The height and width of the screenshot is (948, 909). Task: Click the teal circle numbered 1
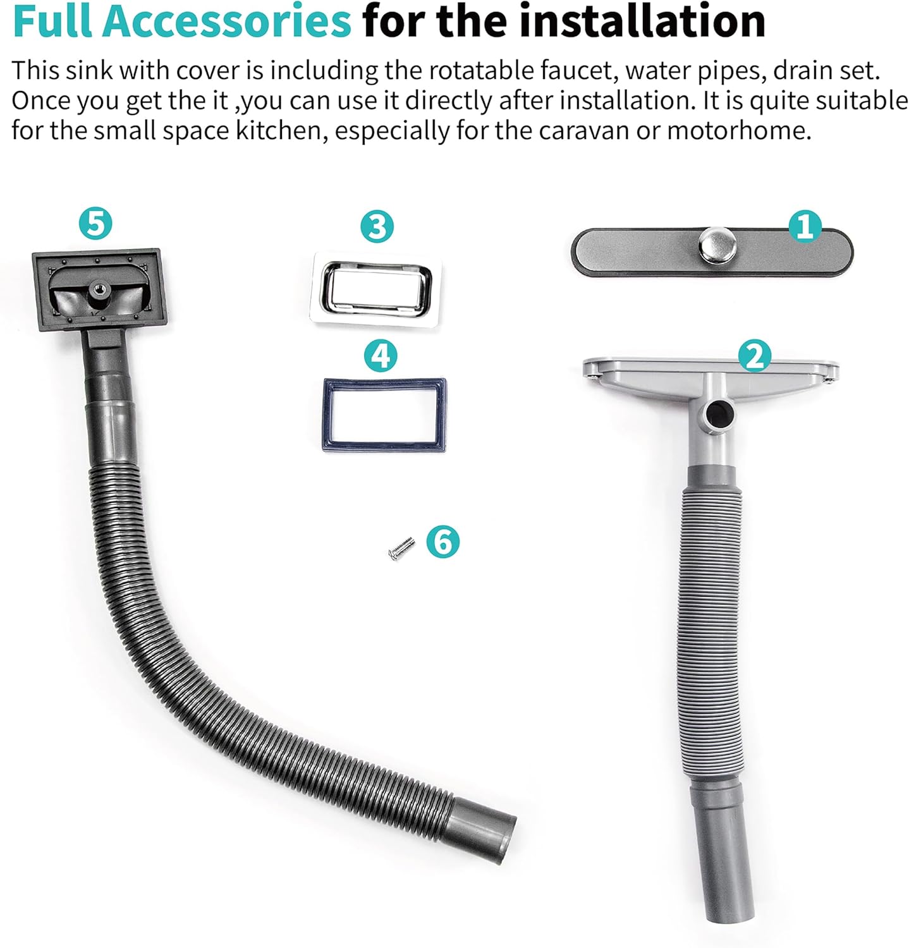click(805, 226)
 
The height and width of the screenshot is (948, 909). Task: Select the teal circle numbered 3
click(377, 226)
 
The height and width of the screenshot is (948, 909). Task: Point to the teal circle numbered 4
click(381, 356)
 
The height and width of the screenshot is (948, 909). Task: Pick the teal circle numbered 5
click(96, 223)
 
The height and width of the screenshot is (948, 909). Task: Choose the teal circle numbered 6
click(443, 542)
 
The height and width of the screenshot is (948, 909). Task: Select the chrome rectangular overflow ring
click(377, 268)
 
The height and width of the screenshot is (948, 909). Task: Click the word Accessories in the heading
click(226, 21)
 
